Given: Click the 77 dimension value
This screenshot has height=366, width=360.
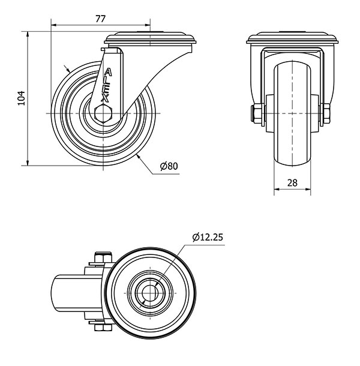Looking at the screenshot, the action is click(x=101, y=19).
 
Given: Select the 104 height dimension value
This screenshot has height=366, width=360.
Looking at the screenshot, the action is click(x=22, y=98).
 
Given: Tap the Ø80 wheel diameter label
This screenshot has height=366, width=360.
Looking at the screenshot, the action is click(x=169, y=166).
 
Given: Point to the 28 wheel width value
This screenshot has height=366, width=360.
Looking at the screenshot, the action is click(x=292, y=183).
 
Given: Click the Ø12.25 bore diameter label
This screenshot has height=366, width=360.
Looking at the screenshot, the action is click(x=208, y=237).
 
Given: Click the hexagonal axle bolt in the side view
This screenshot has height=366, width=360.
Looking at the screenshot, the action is click(x=103, y=113).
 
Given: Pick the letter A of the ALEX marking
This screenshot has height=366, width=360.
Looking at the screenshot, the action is click(x=107, y=72).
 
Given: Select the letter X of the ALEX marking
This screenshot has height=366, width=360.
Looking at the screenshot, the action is click(x=105, y=98).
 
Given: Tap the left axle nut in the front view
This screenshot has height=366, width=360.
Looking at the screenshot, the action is click(x=258, y=113).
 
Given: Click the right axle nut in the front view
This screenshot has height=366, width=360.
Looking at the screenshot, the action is click(x=325, y=113).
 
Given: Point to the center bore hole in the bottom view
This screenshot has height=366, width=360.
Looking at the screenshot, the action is click(x=150, y=293).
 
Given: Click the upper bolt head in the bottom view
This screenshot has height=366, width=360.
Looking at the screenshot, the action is click(x=103, y=257).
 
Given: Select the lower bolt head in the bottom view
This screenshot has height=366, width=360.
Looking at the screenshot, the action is click(x=103, y=328).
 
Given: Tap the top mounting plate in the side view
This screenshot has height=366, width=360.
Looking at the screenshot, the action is click(x=150, y=39).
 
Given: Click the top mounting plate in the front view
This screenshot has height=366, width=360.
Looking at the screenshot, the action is click(x=292, y=38).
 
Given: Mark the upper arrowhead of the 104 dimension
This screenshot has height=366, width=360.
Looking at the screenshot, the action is click(x=28, y=34).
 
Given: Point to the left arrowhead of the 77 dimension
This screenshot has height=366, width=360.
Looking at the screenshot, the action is click(x=53, y=25).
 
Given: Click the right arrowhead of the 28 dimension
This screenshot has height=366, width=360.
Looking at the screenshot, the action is click(x=308, y=190).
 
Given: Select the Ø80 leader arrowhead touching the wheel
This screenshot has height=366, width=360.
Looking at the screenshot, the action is click(x=139, y=157).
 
